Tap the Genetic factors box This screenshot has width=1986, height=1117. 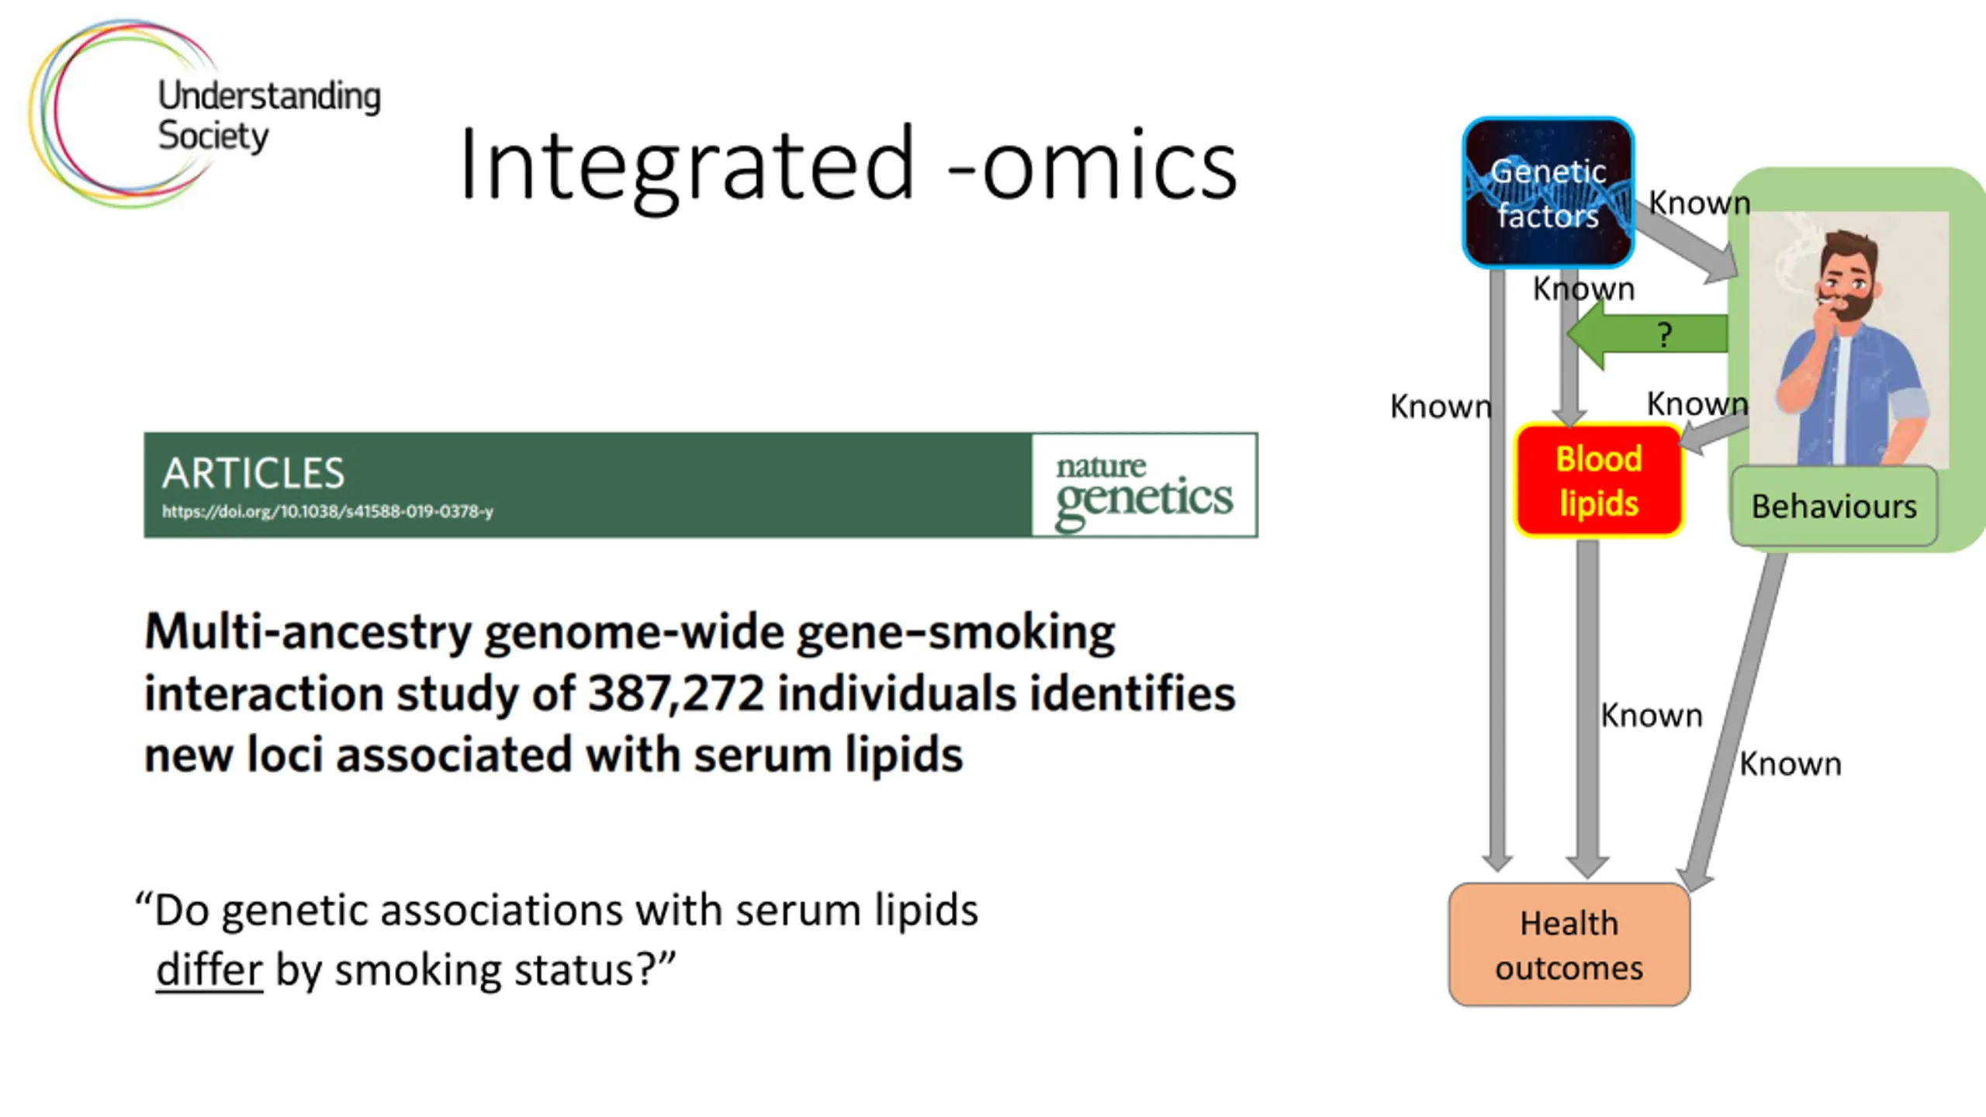tap(1548, 192)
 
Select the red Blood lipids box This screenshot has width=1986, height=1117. tap(1599, 481)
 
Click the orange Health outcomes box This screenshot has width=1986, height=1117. tap(1569, 945)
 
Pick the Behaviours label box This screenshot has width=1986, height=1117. tap(1834, 507)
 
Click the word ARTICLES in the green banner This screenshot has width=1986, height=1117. tap(253, 473)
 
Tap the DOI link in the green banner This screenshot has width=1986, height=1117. tap(327, 511)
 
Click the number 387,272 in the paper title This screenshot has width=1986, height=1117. tap(676, 693)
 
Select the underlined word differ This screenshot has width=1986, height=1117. tap(209, 970)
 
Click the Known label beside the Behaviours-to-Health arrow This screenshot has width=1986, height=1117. tap(1790, 764)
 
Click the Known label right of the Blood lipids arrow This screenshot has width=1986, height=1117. tap(1652, 715)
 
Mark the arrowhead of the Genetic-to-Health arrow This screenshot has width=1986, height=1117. tap(1496, 861)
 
